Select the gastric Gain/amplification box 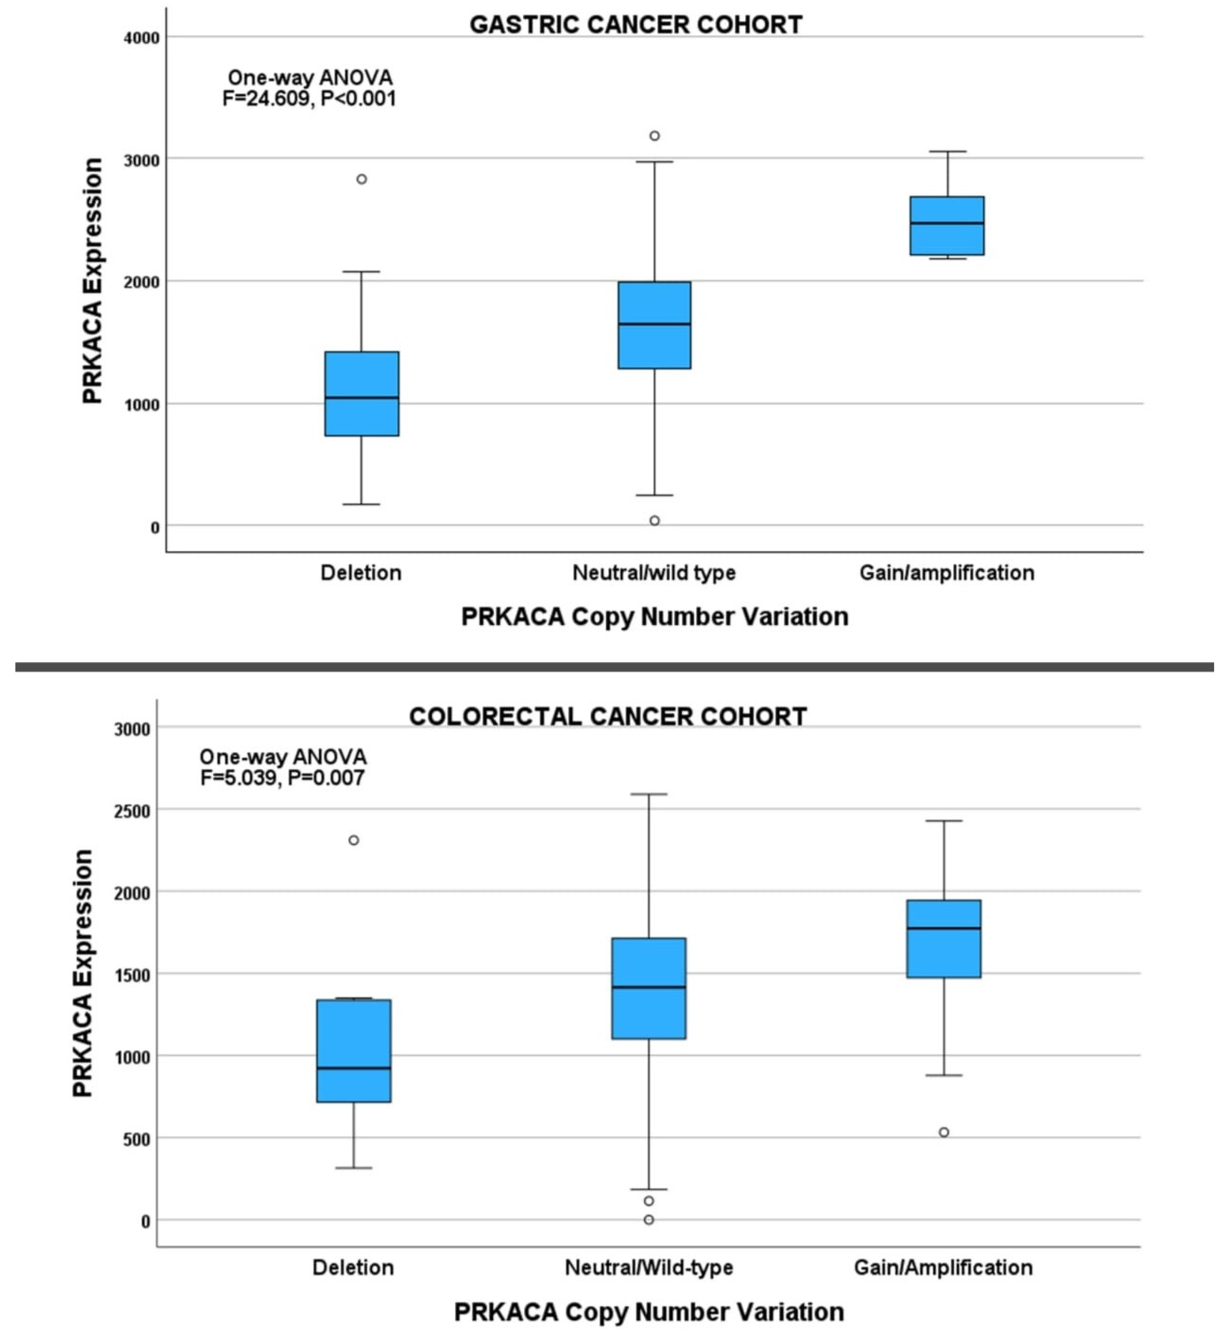point(947,226)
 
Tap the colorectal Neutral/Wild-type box point(649,988)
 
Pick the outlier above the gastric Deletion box point(361,179)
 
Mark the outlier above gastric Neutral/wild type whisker point(655,136)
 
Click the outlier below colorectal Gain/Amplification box point(943,1132)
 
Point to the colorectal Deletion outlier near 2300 point(354,840)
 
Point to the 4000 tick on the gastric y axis point(141,38)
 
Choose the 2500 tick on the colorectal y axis point(132,811)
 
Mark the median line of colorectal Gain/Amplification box point(943,928)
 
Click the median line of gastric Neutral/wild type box point(655,324)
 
